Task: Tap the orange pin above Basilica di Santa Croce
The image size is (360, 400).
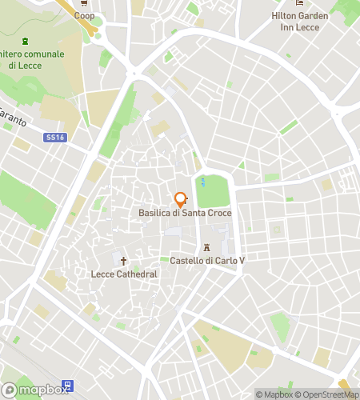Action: click(x=180, y=199)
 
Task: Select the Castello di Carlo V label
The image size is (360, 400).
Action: click(x=206, y=261)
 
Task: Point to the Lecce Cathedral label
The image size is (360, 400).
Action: click(x=123, y=274)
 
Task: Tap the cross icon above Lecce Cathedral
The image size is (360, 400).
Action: click(x=123, y=261)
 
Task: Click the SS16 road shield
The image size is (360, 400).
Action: click(x=54, y=138)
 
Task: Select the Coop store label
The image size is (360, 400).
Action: click(x=84, y=15)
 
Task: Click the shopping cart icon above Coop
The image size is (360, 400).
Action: click(x=84, y=4)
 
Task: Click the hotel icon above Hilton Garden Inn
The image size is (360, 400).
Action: click(x=299, y=4)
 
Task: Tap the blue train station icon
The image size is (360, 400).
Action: click(x=67, y=386)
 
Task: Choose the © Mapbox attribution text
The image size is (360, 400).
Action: click(x=274, y=394)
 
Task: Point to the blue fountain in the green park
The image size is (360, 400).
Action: click(x=202, y=181)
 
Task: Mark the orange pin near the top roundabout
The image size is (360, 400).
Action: click(x=169, y=57)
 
